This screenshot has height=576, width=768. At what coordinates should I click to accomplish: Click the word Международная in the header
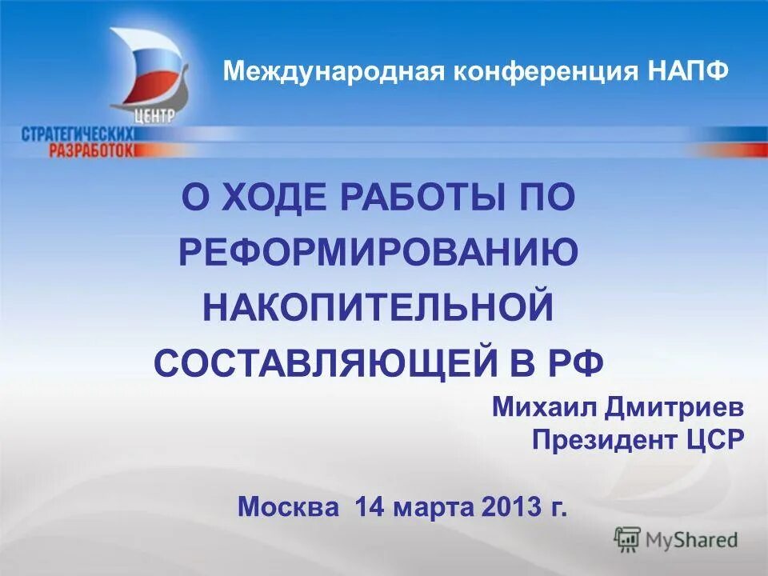[x=335, y=71]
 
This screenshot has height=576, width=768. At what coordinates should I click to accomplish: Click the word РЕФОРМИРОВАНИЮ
[x=378, y=254]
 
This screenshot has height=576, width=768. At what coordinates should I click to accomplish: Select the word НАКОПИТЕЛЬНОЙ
[x=378, y=309]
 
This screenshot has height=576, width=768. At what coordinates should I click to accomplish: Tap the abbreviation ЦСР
[x=716, y=439]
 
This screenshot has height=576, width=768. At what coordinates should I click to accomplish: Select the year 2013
[x=513, y=506]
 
